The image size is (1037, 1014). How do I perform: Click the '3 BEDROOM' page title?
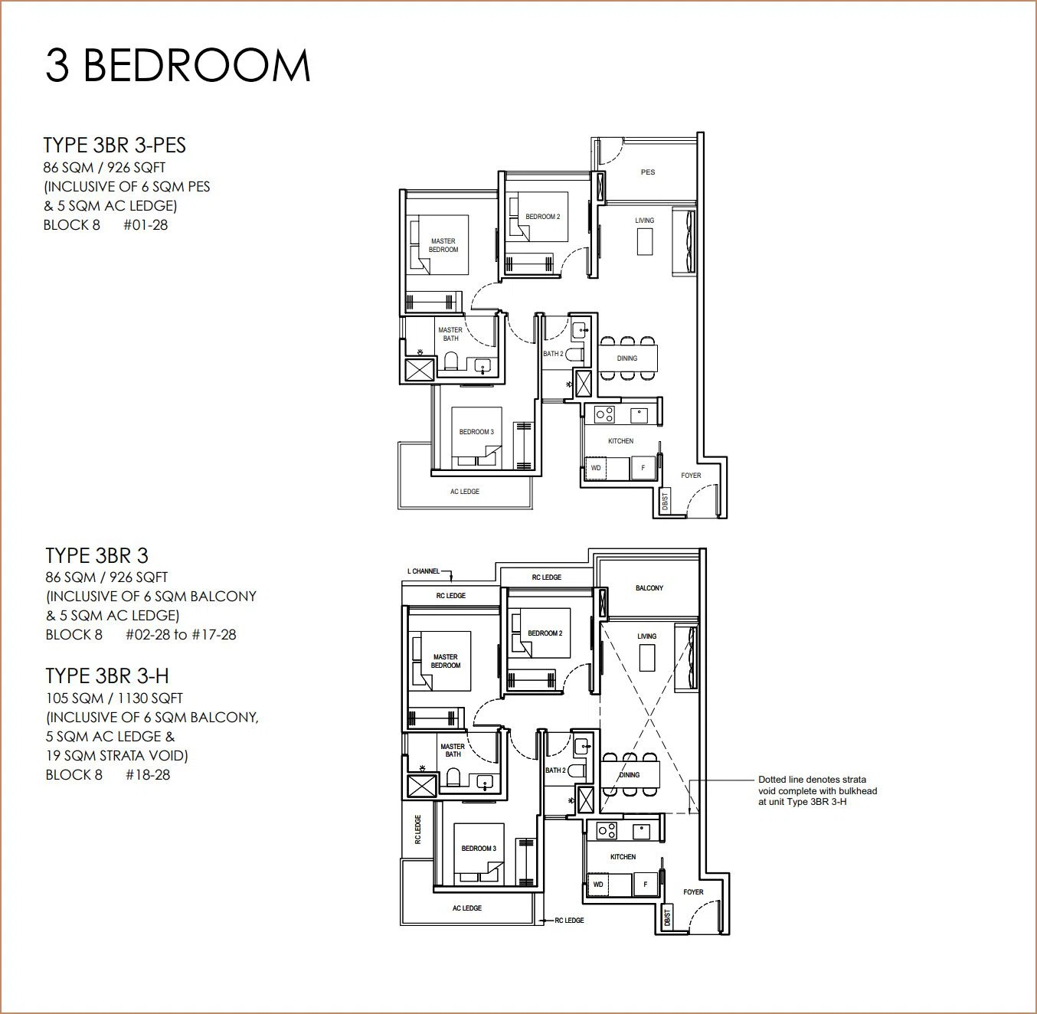178,66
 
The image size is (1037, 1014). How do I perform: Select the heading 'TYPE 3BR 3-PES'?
115,146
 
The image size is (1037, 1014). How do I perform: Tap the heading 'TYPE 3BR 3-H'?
107,676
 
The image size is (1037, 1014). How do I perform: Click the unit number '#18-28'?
148,775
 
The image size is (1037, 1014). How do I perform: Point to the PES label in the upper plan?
648,172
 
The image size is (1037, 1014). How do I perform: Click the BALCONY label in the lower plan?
649,588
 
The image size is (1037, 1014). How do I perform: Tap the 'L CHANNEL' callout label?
424,571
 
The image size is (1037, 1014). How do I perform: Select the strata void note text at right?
817,790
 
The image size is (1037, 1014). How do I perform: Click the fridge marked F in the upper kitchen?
643,468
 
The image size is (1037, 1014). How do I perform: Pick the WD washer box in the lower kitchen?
598,885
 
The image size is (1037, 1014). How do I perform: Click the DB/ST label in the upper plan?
665,502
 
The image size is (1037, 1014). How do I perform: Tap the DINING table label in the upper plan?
627,358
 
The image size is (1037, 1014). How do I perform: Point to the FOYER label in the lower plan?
693,892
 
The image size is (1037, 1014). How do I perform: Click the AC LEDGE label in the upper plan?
465,492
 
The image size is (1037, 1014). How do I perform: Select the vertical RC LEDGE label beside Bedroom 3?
417,829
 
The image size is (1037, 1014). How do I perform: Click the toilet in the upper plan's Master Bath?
451,361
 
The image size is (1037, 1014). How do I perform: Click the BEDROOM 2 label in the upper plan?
542,217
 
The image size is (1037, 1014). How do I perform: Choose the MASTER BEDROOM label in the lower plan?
446,661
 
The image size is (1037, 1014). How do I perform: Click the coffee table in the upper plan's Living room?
645,242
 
